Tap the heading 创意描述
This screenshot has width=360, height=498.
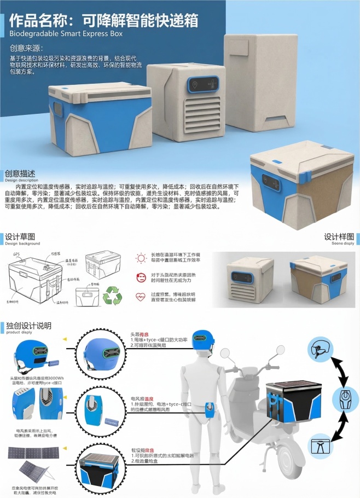(x=21, y=173)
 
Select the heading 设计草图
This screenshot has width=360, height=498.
(x=20, y=237)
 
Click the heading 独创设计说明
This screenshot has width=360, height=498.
(x=28, y=326)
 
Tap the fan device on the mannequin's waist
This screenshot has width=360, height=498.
(x=210, y=410)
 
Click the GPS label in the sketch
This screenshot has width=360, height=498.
(x=16, y=255)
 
